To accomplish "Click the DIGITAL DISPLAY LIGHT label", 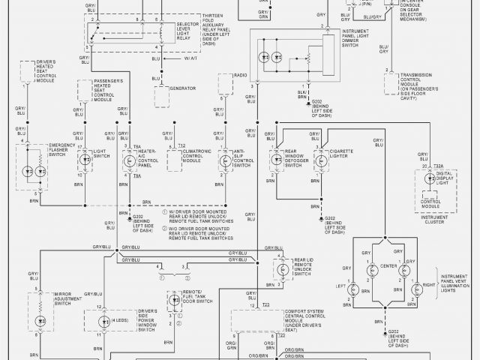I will pyautogui.click(x=449, y=178).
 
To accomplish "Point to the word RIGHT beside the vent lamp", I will pyautogui.click(x=429, y=286).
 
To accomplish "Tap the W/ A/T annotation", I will pyautogui.click(x=193, y=58).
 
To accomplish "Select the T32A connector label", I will pyautogui.click(x=438, y=166).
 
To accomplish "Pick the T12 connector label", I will pyautogui.click(x=181, y=144).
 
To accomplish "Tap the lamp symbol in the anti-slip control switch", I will pyautogui.click(x=224, y=160).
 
